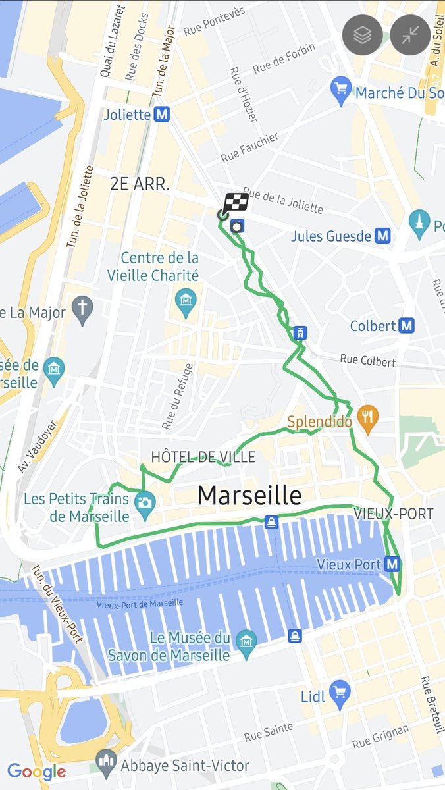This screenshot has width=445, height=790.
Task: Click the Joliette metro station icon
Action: coord(162,115)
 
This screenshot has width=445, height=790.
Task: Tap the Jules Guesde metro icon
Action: coord(382,236)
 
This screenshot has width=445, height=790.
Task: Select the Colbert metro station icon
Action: coord(407,326)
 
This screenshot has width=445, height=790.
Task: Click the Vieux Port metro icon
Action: coord(392,564)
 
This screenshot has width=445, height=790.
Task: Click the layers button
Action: coord(362,35)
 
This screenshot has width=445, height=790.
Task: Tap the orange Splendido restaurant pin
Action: coord(368,419)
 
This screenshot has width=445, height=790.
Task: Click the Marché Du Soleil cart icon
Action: coord(340,92)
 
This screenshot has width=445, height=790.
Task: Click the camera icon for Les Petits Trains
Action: coord(145,502)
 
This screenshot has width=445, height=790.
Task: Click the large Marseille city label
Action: coord(249,495)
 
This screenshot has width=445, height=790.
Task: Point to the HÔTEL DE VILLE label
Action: coord(203,457)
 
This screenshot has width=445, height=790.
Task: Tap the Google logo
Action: coord(36,772)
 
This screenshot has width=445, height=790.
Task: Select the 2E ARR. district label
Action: coord(140,184)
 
